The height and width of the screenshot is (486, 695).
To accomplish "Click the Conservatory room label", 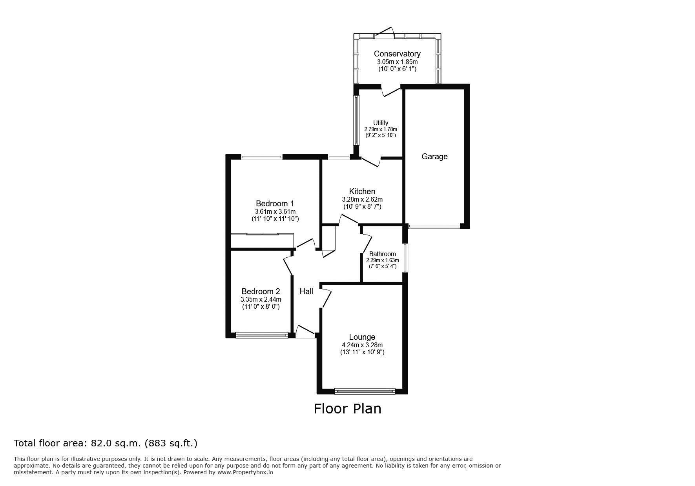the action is coord(397,54).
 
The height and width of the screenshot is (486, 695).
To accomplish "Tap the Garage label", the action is coord(434,157).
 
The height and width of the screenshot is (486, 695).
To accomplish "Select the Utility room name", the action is coord(381,123).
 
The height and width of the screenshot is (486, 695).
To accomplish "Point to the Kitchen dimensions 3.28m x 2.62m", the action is coord(362,199).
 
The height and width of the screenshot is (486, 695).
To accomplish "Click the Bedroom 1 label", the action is coord(275,204).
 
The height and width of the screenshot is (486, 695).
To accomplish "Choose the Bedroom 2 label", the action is coord(261,291).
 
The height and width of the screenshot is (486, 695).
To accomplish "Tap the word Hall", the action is coord(306,291).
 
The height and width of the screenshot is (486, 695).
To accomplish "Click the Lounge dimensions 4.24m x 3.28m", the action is coord(362,345).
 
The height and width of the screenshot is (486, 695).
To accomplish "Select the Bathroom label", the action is coord(383,254).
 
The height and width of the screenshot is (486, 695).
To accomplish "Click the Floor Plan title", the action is coord(347,409).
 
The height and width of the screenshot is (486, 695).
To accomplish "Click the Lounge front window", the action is coord(365,391).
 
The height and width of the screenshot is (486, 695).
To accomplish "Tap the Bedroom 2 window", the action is coord(262,335).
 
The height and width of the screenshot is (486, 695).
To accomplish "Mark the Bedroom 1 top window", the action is coord(262,157).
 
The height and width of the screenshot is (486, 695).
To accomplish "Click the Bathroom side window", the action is coord(406,258).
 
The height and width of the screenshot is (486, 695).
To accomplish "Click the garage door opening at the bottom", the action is coord(434,226).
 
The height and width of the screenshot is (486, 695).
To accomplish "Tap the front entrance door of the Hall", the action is coord(305,331).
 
